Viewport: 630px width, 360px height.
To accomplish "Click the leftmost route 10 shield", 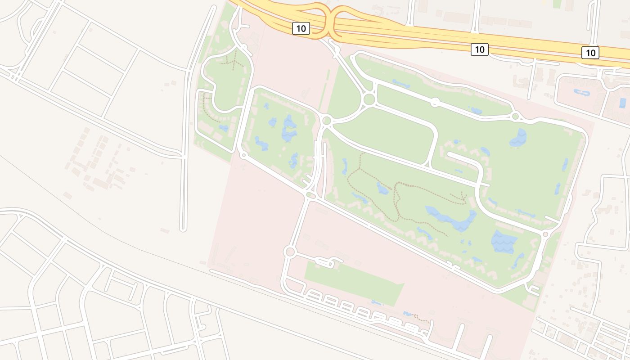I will pyautogui.click(x=301, y=28).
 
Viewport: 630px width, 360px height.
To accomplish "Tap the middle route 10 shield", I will pyautogui.click(x=480, y=49).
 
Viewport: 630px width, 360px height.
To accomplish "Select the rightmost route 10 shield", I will pyautogui.click(x=590, y=53).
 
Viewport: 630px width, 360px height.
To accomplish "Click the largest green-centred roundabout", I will pyautogui.click(x=369, y=99).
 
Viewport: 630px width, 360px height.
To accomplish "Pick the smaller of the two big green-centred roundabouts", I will pyautogui.click(x=327, y=120).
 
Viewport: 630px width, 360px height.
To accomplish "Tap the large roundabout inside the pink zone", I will pyautogui.click(x=290, y=252).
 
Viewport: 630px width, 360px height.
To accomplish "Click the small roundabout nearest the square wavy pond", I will pyautogui.click(x=545, y=234).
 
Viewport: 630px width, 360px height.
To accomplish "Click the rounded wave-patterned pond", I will pyautogui.click(x=518, y=138).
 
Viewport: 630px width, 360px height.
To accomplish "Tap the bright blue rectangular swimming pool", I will pyautogui.click(x=623, y=103).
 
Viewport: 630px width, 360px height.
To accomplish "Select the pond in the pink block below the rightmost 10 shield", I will pyautogui.click(x=581, y=93).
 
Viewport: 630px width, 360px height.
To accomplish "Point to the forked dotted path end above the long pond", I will pyautogui.click(x=462, y=196).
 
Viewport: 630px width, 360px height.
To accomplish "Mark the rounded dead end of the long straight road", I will pyautogui.click(x=183, y=229).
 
